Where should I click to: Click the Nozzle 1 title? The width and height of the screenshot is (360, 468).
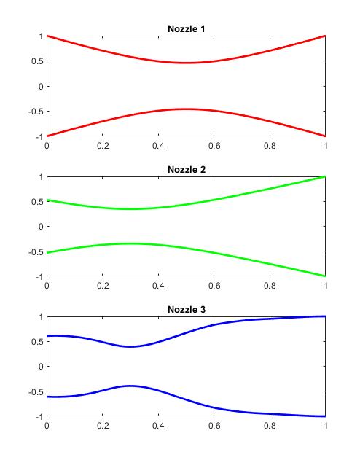pyautogui.click(x=186, y=29)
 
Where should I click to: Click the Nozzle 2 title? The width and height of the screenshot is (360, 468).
pyautogui.click(x=186, y=170)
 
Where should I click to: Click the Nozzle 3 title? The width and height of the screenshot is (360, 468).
pyautogui.click(x=186, y=310)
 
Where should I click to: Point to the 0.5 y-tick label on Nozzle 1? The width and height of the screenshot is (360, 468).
pyautogui.click(x=36, y=61)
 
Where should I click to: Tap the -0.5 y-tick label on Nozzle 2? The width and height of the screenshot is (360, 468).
pyautogui.click(x=34, y=251)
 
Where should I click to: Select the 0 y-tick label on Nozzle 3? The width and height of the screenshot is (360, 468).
pyautogui.click(x=40, y=367)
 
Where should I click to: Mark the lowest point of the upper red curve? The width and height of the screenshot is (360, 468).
pyautogui.click(x=186, y=63)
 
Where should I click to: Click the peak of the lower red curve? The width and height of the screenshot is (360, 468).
pyautogui.click(x=186, y=109)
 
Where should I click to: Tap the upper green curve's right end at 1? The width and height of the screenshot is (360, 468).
pyautogui.click(x=326, y=176)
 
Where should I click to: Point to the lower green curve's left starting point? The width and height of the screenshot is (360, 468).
pyautogui.click(x=47, y=252)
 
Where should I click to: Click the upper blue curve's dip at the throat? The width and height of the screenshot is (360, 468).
pyautogui.click(x=130, y=346)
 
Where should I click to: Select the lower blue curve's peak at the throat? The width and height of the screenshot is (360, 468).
pyautogui.click(x=130, y=386)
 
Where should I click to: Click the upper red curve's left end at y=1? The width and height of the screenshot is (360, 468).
pyautogui.click(x=47, y=36)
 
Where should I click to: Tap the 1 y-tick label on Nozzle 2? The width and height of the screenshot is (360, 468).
pyautogui.click(x=40, y=176)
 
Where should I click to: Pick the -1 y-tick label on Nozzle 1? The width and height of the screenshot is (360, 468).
pyautogui.click(x=37, y=136)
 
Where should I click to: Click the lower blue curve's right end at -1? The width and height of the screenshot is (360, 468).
pyautogui.click(x=326, y=416)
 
